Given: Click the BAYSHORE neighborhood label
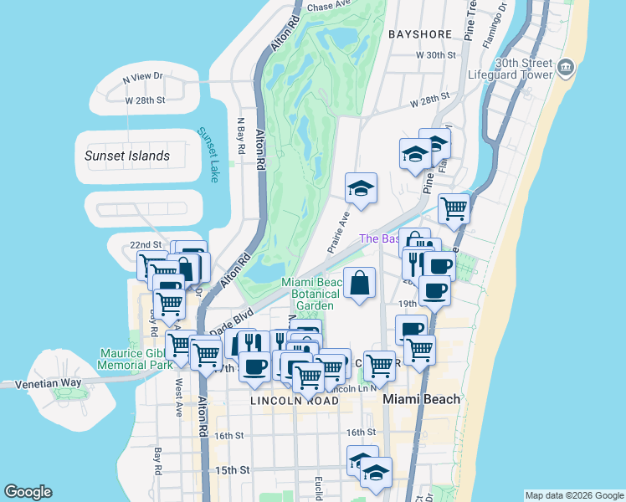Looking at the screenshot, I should (420, 34).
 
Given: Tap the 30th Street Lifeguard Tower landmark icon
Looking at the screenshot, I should (567, 66).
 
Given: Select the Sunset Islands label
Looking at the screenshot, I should (127, 156).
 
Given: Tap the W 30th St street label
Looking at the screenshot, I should (439, 54).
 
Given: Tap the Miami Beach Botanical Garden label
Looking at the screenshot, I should (311, 294).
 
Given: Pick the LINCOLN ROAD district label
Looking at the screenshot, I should (294, 402).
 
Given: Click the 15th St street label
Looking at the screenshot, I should (233, 470).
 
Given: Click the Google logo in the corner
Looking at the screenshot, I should (28, 492).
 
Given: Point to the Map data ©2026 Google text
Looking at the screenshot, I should (573, 495).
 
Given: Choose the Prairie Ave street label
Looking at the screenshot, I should (337, 232).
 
